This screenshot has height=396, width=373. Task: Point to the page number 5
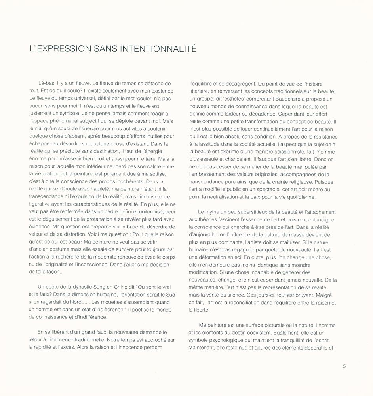pos(344,366)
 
